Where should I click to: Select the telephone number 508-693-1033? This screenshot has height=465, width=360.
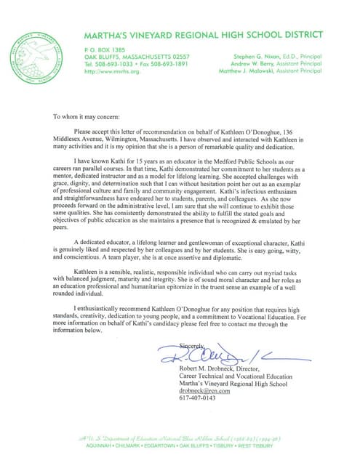click(121, 63)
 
